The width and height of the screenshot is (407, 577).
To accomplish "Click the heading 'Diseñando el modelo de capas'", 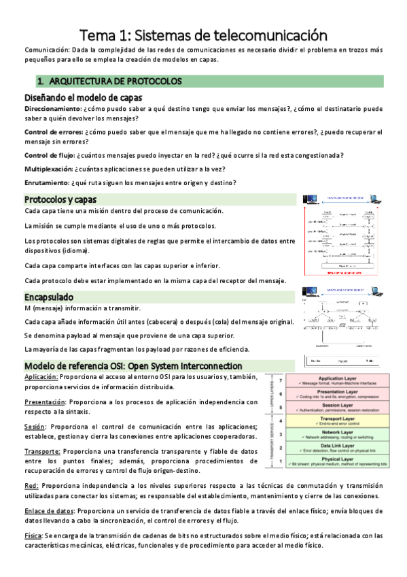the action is coord(83,97).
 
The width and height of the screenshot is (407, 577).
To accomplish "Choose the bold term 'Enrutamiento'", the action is coord(46,182).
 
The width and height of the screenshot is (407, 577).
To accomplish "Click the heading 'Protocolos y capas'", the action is coord(60,199).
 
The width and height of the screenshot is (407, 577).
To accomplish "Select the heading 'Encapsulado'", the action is coord(48,297).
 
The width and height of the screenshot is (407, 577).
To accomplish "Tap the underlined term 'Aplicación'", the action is coord(41,376).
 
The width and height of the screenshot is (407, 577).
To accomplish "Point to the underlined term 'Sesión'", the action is coord(35,427).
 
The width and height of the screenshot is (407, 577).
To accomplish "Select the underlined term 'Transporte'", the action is coord(42,451).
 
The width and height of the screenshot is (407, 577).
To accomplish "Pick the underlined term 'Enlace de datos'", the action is coord(49,510).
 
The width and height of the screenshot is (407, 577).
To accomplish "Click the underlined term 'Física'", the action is coord(33,535).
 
